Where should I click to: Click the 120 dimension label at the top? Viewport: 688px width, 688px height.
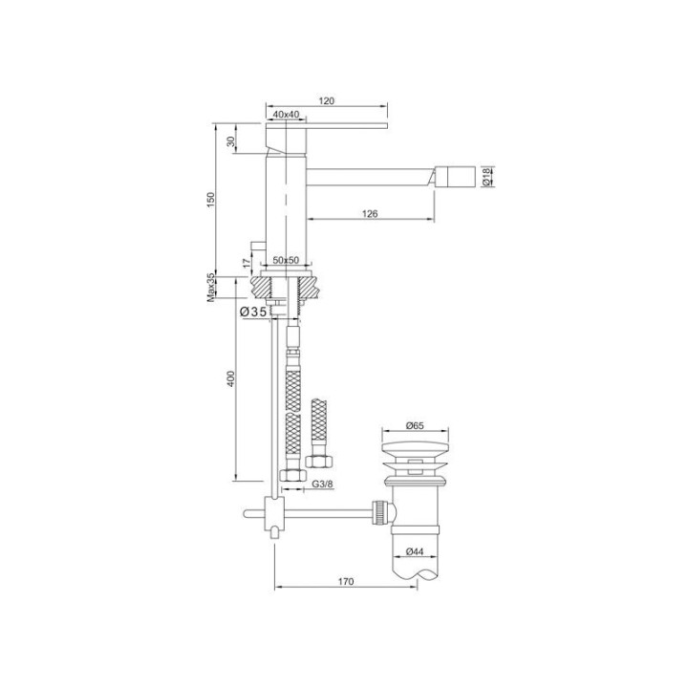coord(327,100)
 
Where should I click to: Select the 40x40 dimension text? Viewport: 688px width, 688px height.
coord(286,114)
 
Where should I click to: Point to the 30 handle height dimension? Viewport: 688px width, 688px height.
coord(231,141)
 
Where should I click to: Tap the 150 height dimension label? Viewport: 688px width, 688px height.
coord(211,200)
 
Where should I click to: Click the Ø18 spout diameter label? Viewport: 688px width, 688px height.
coord(485,176)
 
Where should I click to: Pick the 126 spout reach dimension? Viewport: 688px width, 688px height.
coord(370,214)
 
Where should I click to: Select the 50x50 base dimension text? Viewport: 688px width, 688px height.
coord(286,260)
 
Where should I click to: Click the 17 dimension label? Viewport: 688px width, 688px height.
coord(247,263)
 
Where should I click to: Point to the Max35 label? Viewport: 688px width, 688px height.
coord(211,288)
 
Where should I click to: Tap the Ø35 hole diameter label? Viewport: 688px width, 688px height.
coord(253,312)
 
